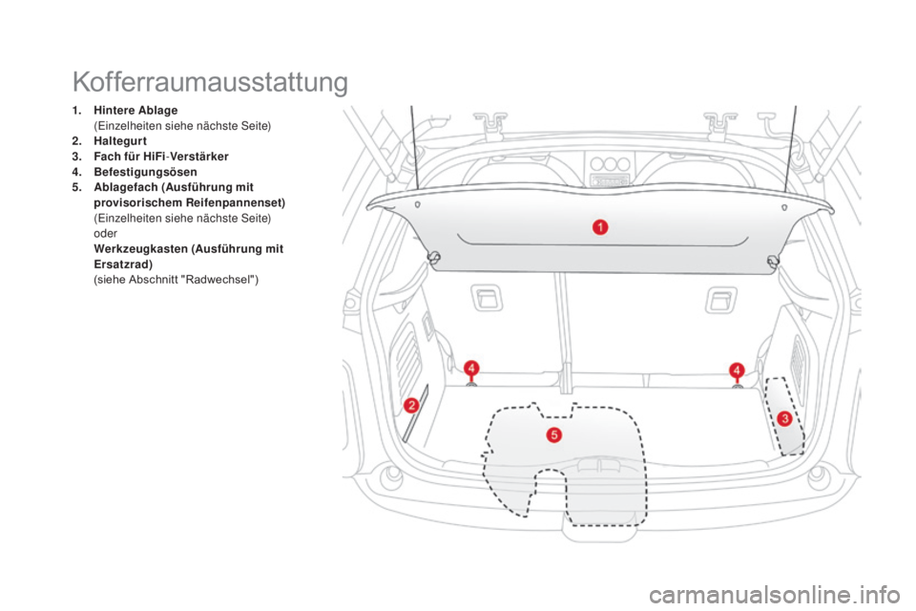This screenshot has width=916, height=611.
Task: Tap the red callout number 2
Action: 412,405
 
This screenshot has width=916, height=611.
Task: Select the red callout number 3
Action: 784,418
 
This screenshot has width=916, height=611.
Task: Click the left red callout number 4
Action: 471,369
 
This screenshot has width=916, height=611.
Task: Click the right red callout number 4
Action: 736,369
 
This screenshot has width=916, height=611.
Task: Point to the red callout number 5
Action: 554,435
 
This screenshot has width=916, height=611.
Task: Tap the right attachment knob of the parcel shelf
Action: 773,261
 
